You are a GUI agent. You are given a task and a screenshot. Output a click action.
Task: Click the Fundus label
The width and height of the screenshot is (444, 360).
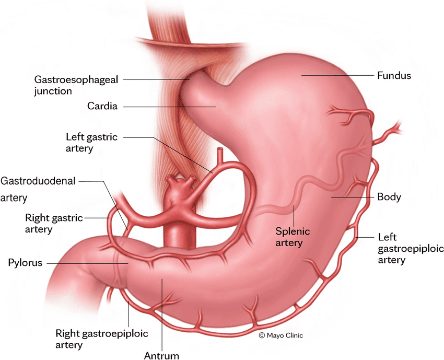pyautogui.click(x=394, y=76)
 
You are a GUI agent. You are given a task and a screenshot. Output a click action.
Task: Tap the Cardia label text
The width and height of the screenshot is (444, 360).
pyautogui.click(x=102, y=106)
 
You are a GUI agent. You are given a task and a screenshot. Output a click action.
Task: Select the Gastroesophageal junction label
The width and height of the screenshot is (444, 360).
pyautogui.click(x=76, y=85)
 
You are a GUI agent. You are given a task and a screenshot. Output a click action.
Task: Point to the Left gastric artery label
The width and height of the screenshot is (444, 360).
pyautogui.click(x=91, y=143)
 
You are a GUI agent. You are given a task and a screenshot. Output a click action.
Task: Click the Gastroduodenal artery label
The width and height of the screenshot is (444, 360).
pyautogui.click(x=38, y=189)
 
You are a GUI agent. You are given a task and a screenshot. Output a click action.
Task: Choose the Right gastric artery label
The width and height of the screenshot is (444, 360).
pyautogui.click(x=54, y=223)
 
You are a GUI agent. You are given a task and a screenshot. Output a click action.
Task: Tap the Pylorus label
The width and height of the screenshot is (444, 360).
pyautogui.click(x=25, y=263)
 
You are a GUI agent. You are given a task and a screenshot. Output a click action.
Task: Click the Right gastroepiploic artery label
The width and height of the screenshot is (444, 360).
pyautogui.click(x=102, y=339)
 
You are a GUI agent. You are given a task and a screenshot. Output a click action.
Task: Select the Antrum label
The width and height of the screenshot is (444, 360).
pyautogui.click(x=161, y=355)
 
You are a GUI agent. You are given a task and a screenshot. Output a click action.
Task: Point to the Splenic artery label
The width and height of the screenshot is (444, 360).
pyautogui.click(x=293, y=237)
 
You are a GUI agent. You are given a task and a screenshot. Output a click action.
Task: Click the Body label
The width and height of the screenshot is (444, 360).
pyautogui.click(x=389, y=197)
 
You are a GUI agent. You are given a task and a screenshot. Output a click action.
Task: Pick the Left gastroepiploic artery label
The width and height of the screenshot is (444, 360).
pyautogui.click(x=411, y=248)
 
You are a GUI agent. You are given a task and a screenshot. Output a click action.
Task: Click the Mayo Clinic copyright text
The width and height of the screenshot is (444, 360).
pyautogui.click(x=281, y=335)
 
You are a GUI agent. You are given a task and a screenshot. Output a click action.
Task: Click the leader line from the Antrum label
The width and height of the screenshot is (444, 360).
pyautogui.click(x=162, y=315)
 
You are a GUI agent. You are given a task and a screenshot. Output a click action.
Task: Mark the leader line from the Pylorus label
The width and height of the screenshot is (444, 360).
pyautogui.click(x=88, y=263)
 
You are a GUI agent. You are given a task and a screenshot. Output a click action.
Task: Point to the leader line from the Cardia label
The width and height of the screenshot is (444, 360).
pyautogui.click(x=170, y=107)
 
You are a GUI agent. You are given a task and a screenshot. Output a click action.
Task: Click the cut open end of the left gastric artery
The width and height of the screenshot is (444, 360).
pyautogui.click(x=220, y=149)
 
